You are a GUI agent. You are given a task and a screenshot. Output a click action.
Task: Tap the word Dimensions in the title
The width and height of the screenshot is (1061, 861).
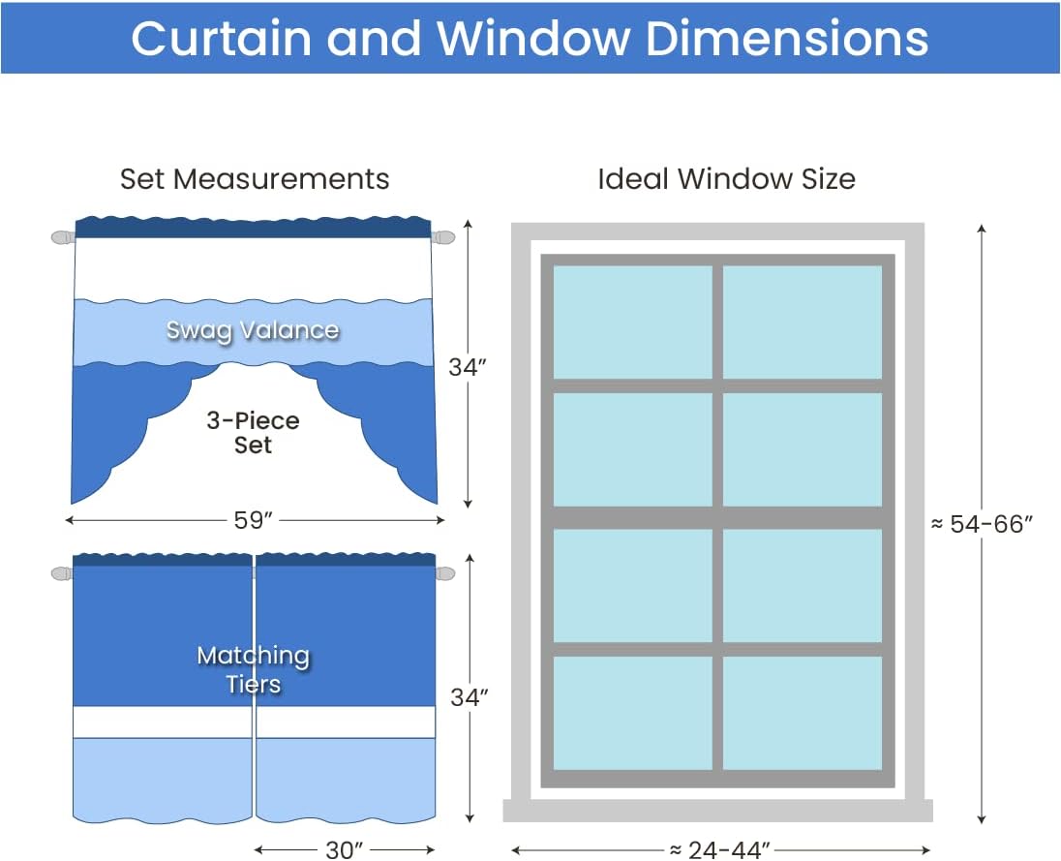click(x=787, y=38)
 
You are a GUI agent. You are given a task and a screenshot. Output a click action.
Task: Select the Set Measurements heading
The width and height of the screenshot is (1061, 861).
click(x=255, y=179)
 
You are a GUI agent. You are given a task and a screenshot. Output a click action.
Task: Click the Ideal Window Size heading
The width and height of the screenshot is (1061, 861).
click(x=726, y=179)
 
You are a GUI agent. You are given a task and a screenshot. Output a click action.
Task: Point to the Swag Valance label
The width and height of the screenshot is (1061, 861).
click(x=253, y=330)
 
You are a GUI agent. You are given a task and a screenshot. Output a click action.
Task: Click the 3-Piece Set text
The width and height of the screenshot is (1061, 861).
click(x=253, y=433)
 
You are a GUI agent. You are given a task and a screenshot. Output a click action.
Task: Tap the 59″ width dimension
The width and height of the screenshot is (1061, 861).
click(x=253, y=520)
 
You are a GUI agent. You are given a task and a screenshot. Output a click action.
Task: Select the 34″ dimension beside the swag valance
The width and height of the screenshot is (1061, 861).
click(x=468, y=367)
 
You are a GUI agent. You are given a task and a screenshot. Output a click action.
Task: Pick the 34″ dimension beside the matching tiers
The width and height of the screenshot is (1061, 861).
click(x=469, y=697)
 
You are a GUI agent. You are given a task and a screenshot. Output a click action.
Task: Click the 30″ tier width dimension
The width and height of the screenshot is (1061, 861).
click(x=345, y=849)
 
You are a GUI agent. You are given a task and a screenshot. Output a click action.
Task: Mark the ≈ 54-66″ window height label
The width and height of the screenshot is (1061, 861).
click(x=982, y=524)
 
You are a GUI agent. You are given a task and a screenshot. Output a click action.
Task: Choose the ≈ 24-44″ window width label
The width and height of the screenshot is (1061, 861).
click(x=720, y=849)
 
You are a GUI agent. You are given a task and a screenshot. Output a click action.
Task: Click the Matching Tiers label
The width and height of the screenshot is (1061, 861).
click(x=253, y=669)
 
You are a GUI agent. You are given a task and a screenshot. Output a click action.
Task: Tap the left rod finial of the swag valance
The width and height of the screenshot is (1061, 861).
click(x=63, y=237)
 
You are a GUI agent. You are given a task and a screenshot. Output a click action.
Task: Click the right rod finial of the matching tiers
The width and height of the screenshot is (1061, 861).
click(x=444, y=573)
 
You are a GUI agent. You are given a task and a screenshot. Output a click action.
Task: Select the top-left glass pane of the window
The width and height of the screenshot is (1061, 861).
click(x=633, y=323)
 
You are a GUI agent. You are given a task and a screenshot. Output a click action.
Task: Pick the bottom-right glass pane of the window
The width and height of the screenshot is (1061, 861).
click(x=803, y=713)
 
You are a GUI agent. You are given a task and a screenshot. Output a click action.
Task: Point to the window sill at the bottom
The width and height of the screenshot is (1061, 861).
click(x=718, y=811)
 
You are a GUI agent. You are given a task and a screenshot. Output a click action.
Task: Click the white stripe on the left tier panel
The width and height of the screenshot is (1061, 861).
click(x=163, y=723)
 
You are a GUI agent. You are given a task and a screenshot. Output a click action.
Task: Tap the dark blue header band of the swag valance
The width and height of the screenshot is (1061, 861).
click(x=253, y=228)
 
